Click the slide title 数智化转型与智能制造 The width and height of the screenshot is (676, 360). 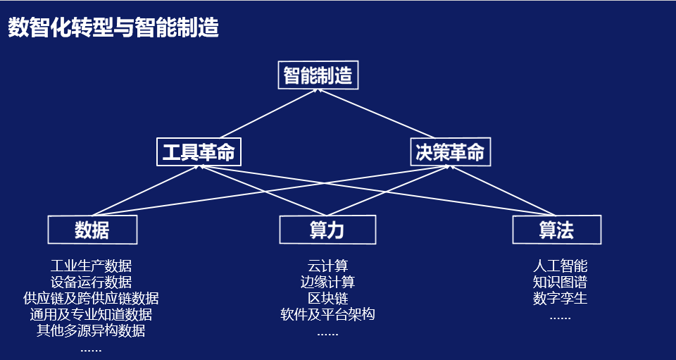(113, 28)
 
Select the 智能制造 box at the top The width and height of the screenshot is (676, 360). (318, 75)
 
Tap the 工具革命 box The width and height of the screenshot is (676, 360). (198, 152)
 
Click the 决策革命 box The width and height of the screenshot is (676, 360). (450, 152)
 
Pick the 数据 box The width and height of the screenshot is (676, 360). (92, 230)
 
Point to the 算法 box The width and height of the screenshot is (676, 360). (556, 230)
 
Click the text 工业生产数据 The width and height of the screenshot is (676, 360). (91, 266)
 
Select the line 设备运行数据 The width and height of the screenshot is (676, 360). (91, 283)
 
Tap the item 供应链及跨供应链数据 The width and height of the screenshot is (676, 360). (91, 299)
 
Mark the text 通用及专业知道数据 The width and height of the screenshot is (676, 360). (91, 315)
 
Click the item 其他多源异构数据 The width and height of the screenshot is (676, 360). (91, 331)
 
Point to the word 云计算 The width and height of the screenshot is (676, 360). (327, 266)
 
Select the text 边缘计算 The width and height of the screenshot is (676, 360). (327, 283)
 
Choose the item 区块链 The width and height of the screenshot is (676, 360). (327, 299)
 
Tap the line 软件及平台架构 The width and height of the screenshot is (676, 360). (327, 315)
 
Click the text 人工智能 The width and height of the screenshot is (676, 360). (560, 266)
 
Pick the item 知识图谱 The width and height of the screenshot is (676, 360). (560, 283)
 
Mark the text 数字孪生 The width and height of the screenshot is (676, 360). (560, 299)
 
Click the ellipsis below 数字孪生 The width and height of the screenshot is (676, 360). (560, 317)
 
